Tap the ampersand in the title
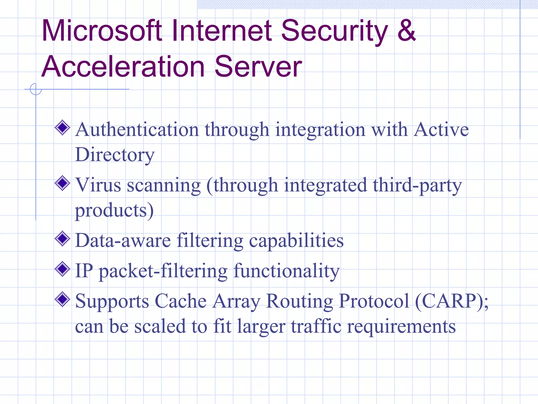point(406,31)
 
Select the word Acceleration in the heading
point(123,67)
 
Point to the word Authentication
point(137,130)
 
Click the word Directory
point(115,155)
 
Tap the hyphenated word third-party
point(417,185)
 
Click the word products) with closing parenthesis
point(114,210)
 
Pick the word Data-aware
point(123,240)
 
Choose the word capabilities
point(296,241)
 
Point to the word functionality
point(286,271)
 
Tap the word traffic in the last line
point(316,326)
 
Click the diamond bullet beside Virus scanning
point(63,183)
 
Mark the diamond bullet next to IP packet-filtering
point(63,269)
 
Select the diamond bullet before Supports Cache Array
point(63,299)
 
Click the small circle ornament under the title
point(36,89)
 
